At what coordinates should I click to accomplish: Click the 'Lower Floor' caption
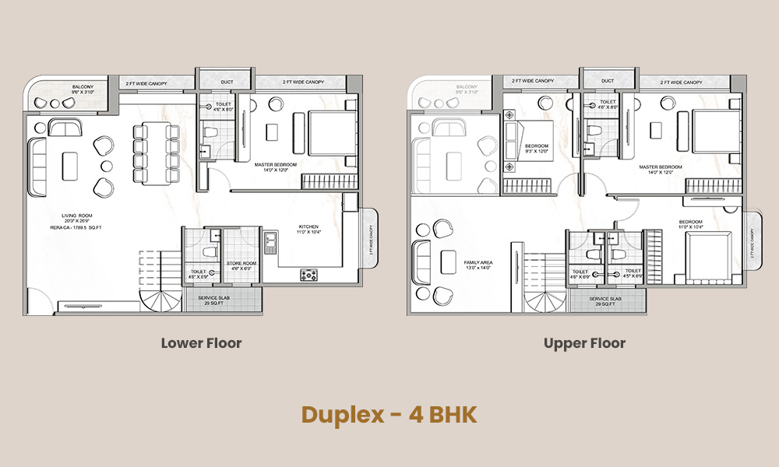click(201, 343)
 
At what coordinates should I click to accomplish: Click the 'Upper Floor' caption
click(585, 343)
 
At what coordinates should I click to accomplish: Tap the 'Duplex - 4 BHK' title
click(389, 414)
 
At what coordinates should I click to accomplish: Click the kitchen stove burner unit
click(309, 274)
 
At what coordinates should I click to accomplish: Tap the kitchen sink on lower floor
click(270, 242)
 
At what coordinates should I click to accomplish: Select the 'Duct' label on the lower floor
click(226, 81)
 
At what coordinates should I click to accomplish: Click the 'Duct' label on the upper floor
click(608, 81)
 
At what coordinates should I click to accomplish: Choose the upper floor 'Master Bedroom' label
click(661, 167)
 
